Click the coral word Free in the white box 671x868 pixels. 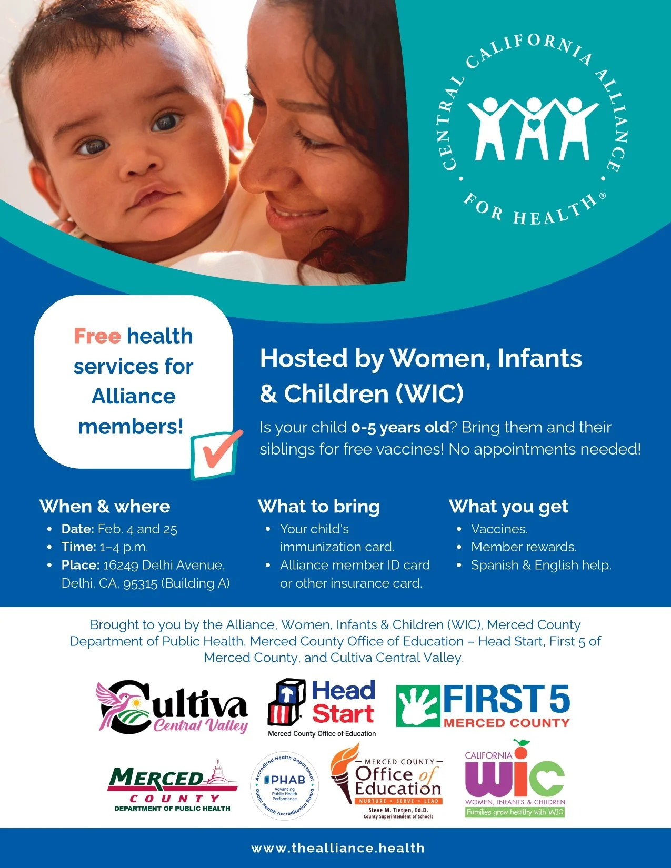97,336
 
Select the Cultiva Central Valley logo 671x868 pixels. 172,707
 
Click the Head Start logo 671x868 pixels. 322,708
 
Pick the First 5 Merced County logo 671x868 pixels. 483,705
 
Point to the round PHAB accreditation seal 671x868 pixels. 285,786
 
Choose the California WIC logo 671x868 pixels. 515,779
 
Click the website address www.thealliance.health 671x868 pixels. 338,848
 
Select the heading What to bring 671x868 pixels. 319,506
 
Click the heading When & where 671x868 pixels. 105,506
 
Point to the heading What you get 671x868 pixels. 508,506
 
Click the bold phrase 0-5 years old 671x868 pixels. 400,427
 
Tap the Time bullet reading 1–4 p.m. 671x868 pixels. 105,547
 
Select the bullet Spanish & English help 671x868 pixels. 541,565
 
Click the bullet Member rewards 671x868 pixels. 524,547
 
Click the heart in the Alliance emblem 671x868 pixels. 534,125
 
